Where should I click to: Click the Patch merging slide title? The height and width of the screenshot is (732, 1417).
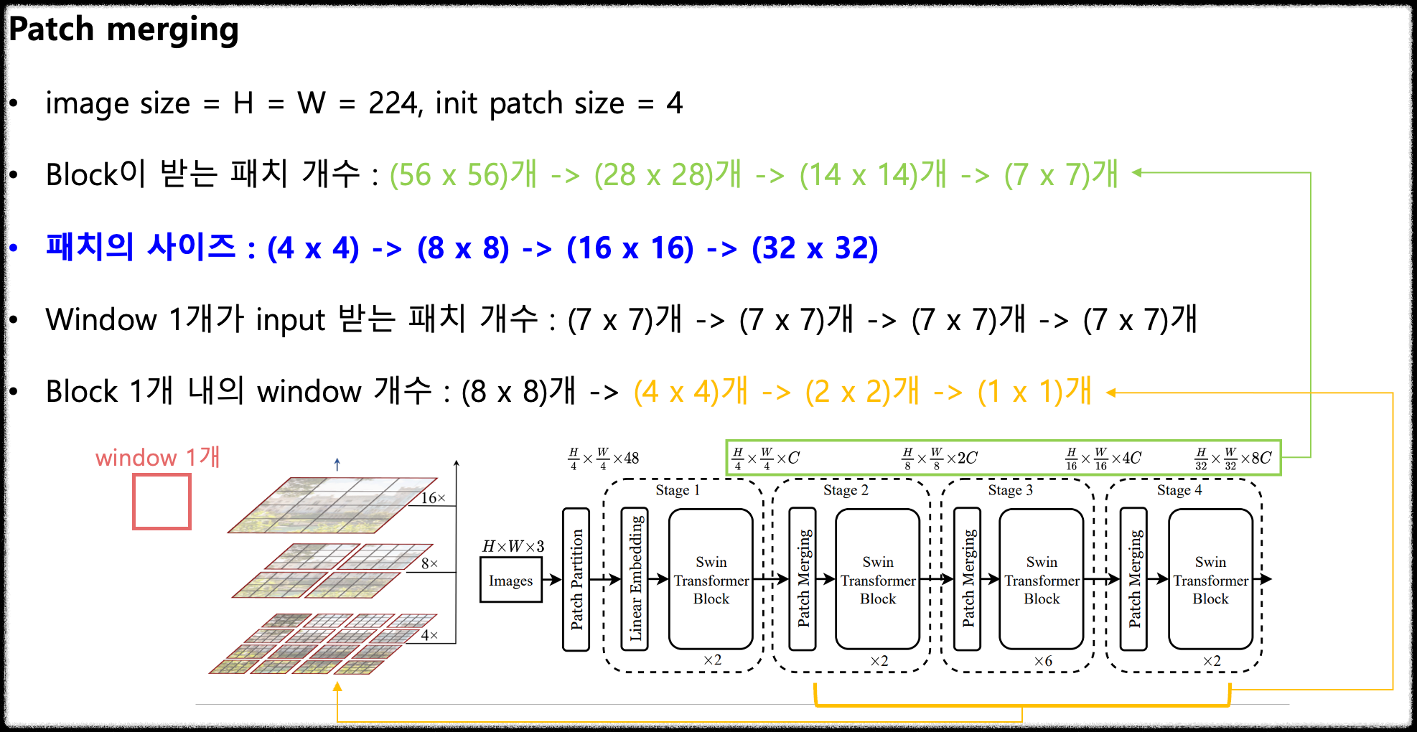123,30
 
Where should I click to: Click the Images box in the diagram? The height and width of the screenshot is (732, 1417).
510,581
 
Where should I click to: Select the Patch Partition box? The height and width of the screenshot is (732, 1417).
576,579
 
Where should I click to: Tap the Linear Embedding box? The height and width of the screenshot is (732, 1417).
635,579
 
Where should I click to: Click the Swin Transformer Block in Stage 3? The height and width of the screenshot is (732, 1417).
1041,579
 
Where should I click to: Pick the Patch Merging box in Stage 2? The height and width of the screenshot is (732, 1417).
803,579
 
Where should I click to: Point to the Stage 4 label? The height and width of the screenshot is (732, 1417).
1179,490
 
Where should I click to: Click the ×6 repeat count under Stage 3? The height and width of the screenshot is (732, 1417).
1042,661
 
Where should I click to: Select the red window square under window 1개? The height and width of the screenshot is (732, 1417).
162,502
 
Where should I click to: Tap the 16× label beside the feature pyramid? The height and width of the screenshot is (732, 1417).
433,497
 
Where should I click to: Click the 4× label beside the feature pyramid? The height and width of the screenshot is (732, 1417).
429,635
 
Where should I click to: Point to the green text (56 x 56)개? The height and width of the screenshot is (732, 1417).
463,174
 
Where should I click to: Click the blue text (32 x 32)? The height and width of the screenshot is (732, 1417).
814,248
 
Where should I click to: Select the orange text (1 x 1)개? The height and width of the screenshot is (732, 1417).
1034,392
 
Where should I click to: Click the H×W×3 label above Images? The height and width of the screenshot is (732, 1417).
513,546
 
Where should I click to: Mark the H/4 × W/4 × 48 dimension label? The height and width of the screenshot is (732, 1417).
603,458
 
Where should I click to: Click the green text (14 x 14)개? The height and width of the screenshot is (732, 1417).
873,174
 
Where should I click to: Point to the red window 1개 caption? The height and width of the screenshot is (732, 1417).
157,457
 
